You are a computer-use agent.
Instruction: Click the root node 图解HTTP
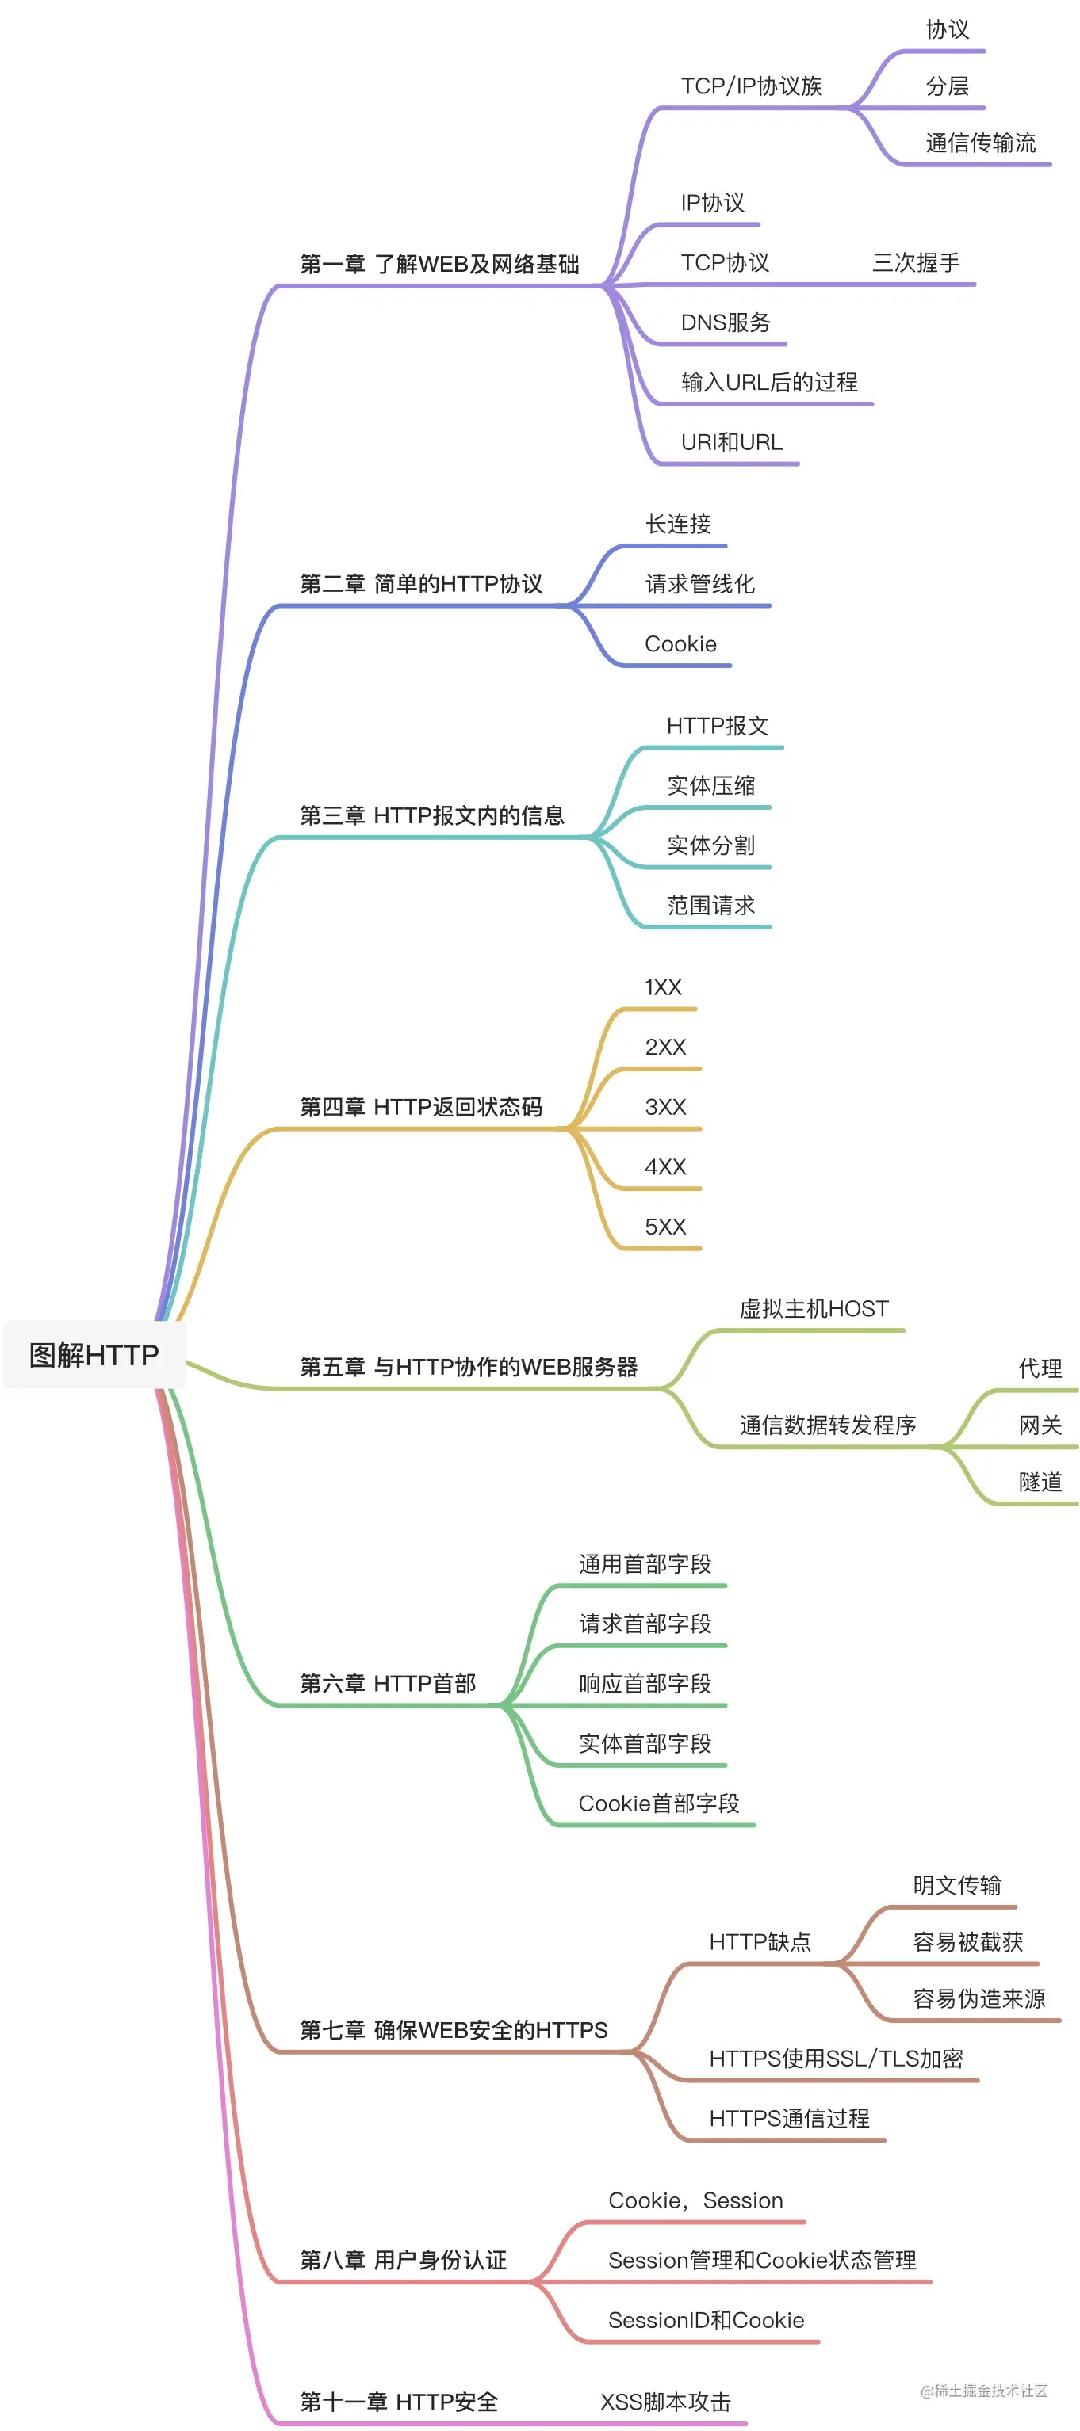pyautogui.click(x=94, y=1355)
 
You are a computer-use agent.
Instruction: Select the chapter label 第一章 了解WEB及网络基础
pyautogui.click(x=439, y=264)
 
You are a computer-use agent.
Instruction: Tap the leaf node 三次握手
pyautogui.click(x=915, y=262)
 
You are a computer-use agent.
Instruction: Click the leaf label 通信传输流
pyautogui.click(x=980, y=143)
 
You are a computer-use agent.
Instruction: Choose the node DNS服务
pyautogui.click(x=725, y=322)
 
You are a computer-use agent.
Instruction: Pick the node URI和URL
pyautogui.click(x=732, y=443)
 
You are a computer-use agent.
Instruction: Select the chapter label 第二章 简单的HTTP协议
pyautogui.click(x=421, y=584)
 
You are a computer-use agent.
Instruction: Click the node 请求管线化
pyautogui.click(x=699, y=584)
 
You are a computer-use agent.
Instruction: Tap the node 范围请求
pyautogui.click(x=710, y=906)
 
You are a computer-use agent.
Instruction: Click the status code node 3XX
pyautogui.click(x=664, y=1107)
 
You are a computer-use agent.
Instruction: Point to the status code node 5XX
pyautogui.click(x=664, y=1227)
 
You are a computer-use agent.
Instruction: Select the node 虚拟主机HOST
pyautogui.click(x=814, y=1309)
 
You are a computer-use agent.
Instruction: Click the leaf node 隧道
pyautogui.click(x=1040, y=1482)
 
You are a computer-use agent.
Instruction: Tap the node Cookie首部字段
pyautogui.click(x=658, y=1803)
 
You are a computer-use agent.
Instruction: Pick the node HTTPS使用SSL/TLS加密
pyautogui.click(x=836, y=2059)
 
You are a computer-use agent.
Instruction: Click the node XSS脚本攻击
pyautogui.click(x=665, y=2402)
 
